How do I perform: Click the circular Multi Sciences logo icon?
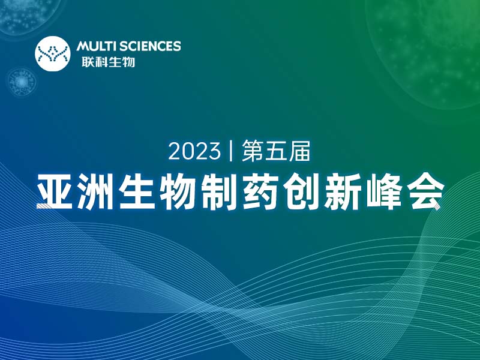pyautogui.click(x=53, y=53)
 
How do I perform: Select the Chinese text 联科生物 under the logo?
pyautogui.click(x=106, y=61)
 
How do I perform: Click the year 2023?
pyautogui.click(x=194, y=151)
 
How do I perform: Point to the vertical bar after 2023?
pyautogui.click(x=231, y=151)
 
